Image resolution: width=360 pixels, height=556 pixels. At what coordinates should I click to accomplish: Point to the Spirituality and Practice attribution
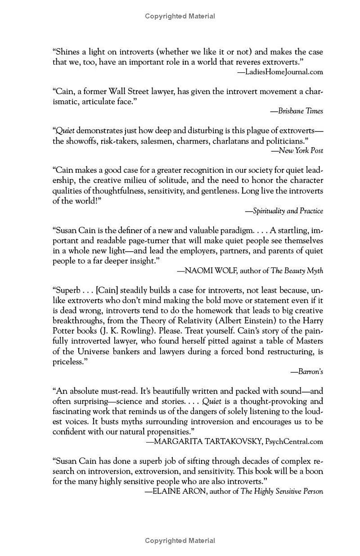[x=288, y=211]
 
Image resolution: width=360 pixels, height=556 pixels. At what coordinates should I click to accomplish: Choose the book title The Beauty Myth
[x=297, y=271]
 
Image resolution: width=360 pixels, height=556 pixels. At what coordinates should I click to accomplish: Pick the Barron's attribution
[x=310, y=371]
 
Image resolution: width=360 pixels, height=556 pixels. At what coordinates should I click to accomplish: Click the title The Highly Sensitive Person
[x=282, y=491]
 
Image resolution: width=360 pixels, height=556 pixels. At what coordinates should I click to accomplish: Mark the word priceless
[x=68, y=362]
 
